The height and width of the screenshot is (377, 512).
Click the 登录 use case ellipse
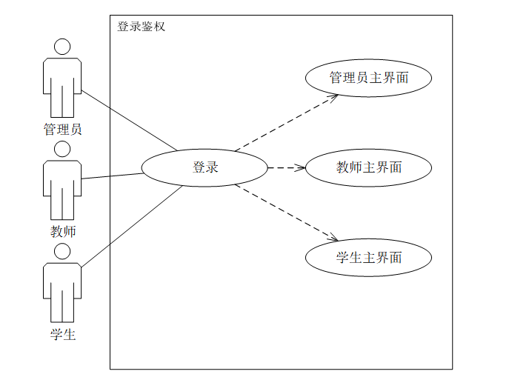tap(205, 167)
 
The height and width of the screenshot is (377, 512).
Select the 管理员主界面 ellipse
tap(368, 78)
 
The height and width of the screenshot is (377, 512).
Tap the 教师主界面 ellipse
tap(368, 167)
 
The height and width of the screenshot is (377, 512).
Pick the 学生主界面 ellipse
tap(368, 258)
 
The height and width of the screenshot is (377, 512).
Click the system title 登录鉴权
tap(142, 27)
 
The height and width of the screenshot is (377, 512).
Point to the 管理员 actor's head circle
tap(62, 47)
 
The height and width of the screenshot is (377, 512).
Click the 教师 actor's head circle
tap(62, 149)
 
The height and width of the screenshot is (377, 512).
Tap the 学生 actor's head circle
tap(62, 251)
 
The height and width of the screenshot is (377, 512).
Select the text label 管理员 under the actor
tap(62, 130)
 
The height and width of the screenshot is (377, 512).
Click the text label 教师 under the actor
tap(62, 231)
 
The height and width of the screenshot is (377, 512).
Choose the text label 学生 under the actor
tap(62, 334)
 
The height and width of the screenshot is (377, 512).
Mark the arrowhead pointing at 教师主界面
tap(302, 167)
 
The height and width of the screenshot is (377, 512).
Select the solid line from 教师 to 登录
tap(111, 176)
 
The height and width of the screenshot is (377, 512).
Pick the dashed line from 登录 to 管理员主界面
tap(285, 123)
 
